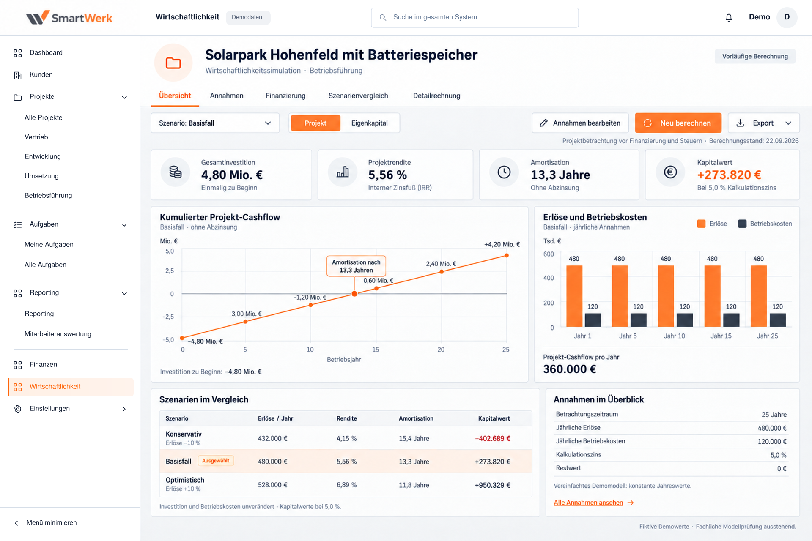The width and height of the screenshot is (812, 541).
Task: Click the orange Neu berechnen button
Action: click(x=678, y=123)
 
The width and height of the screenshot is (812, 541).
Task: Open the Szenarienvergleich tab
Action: click(x=358, y=96)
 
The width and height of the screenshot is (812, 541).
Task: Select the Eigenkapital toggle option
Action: click(x=369, y=123)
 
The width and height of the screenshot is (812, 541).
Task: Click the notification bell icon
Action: click(x=729, y=17)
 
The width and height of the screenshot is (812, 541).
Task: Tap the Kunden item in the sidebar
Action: click(x=41, y=75)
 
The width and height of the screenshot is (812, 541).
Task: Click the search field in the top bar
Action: click(x=475, y=17)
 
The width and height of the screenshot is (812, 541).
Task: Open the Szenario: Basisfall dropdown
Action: click(x=215, y=123)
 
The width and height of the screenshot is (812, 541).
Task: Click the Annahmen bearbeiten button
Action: click(x=580, y=123)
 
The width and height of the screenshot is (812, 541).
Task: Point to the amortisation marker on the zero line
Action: click(x=354, y=294)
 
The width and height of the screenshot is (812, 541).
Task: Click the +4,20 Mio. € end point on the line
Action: click(x=507, y=256)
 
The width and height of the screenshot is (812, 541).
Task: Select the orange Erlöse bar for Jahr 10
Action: click(x=666, y=296)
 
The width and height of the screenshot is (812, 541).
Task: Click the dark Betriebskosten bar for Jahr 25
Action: click(x=778, y=320)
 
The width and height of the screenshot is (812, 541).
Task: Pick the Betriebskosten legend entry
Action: click(x=765, y=224)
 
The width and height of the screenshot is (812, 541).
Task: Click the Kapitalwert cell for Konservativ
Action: click(x=493, y=439)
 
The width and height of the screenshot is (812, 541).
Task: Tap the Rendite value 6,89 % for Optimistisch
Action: click(x=346, y=485)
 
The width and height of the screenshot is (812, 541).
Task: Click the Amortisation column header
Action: click(x=416, y=418)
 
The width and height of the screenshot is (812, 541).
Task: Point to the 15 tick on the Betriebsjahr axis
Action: click(x=376, y=350)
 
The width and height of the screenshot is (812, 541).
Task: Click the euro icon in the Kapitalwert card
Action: click(x=670, y=172)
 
